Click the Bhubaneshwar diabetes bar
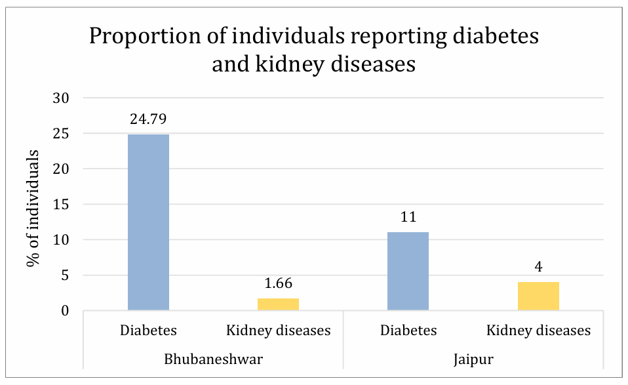point(148,222)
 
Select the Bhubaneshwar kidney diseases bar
point(279,304)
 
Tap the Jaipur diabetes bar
point(408,271)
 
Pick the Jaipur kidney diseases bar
point(538,296)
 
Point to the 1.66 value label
point(279,285)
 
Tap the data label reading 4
point(538,268)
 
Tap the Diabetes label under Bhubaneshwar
point(148,331)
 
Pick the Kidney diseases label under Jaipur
point(538,331)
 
